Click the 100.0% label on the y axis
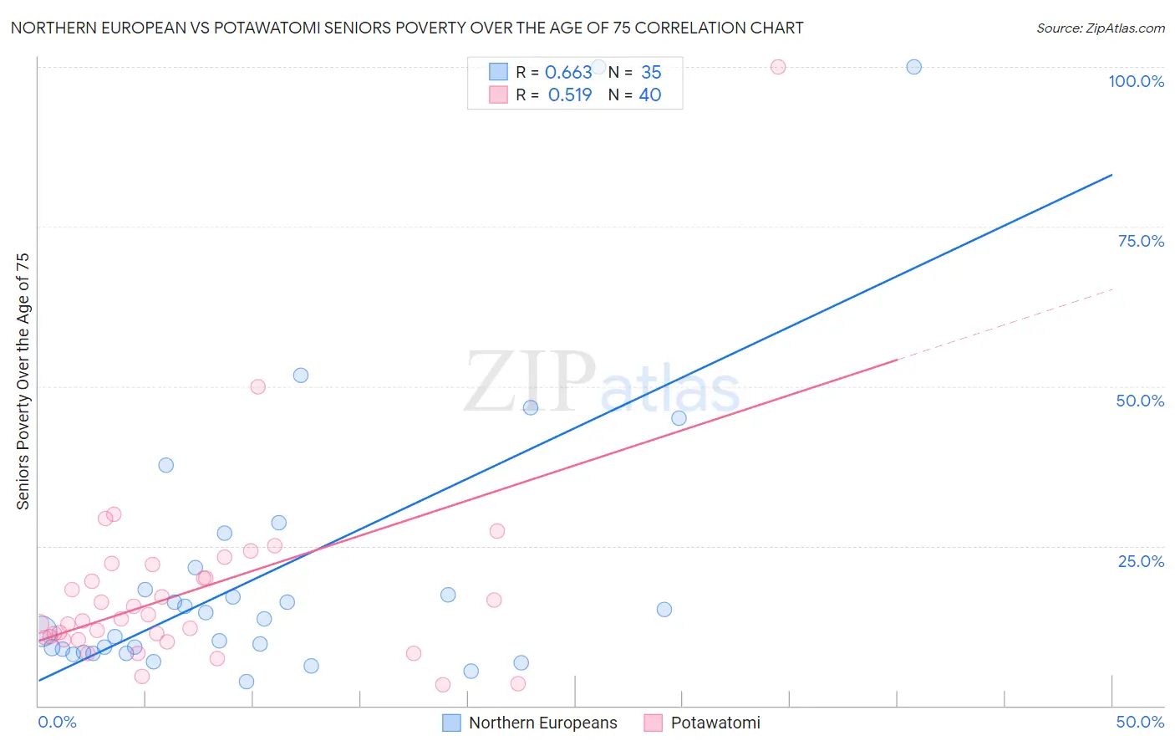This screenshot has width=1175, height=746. (1136, 81)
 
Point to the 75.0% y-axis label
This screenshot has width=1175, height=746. (1141, 241)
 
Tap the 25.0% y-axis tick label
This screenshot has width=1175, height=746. (1141, 561)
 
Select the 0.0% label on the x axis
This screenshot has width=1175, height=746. (57, 722)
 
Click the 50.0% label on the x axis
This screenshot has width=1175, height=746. (1140, 722)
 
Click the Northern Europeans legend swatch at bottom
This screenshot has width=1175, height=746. (451, 723)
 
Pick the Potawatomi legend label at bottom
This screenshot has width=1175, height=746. (715, 723)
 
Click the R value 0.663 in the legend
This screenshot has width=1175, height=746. (568, 73)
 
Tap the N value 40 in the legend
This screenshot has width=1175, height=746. (650, 95)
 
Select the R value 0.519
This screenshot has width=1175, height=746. (570, 95)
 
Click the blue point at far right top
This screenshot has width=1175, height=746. (913, 67)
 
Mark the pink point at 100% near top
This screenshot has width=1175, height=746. (778, 67)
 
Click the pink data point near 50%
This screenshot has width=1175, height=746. (257, 386)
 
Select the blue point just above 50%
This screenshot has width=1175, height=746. (301, 376)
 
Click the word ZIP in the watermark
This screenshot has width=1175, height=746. (529, 383)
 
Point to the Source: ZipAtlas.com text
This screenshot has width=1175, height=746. (1100, 28)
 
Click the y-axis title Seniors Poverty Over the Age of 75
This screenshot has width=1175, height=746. (23, 381)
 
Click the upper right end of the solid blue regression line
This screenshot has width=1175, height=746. (1111, 176)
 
